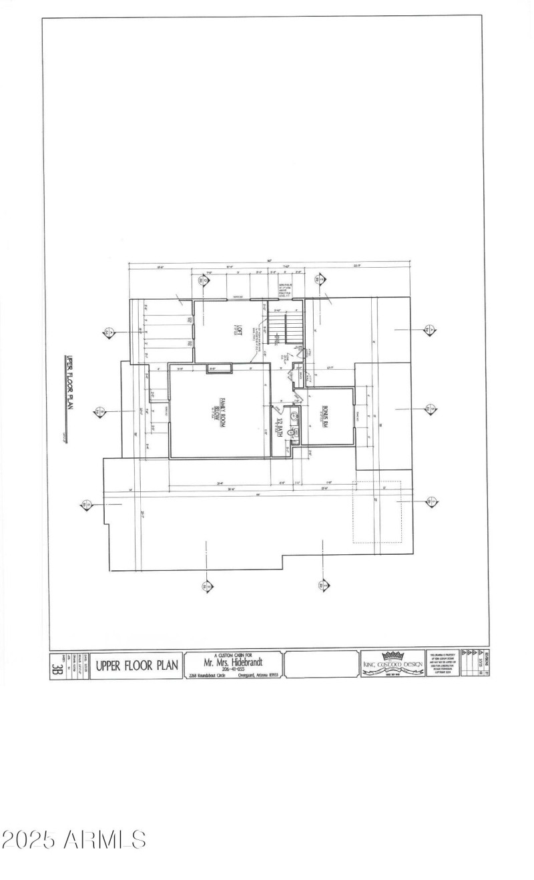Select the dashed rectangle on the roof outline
pos(376,513)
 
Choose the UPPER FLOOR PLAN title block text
pos(138,665)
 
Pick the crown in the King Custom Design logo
pos(392,656)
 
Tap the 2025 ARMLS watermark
pos(73,839)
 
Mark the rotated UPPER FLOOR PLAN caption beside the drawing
pos(67,393)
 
